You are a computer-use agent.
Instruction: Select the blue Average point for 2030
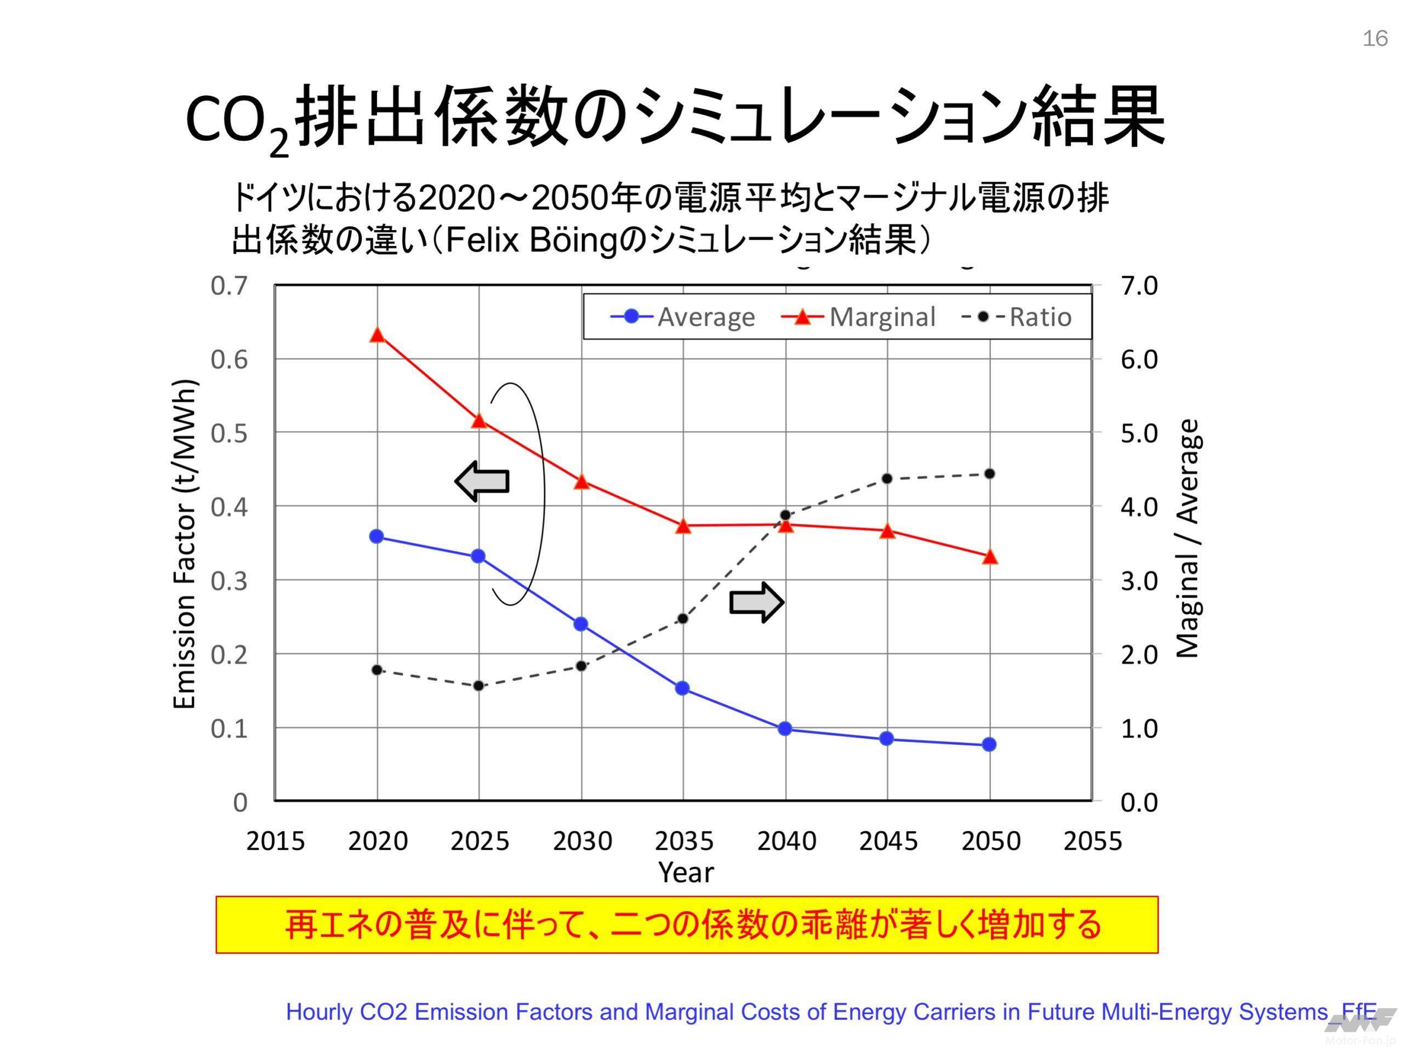pos(581,624)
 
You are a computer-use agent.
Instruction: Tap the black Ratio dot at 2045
pos(887,479)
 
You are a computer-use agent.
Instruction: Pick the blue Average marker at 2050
pos(989,745)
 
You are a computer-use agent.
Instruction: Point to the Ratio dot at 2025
pos(479,686)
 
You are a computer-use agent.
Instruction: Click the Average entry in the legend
pos(683,317)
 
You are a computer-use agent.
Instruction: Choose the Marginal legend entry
pos(859,317)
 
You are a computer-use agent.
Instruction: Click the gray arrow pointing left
pos(483,481)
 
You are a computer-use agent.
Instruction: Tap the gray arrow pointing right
pos(757,602)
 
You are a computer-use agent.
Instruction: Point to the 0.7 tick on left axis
pos(229,286)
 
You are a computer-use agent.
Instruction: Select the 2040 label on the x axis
pos(786,842)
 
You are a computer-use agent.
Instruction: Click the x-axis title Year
pos(686,872)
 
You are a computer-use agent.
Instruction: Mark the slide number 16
pos(1375,39)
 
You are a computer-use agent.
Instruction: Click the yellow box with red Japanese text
pos(687,924)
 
